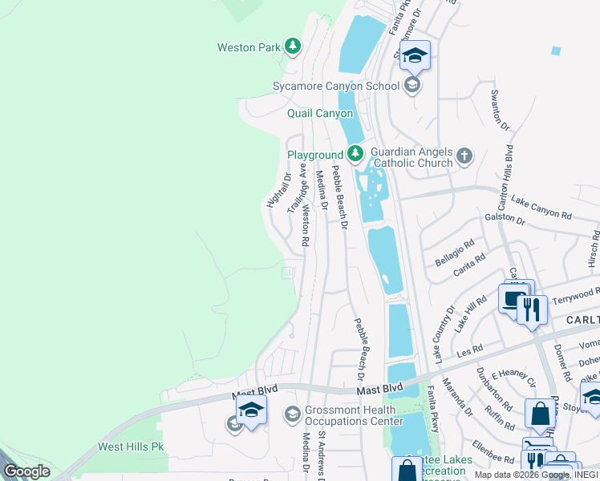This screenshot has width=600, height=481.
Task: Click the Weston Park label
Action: click(249, 47)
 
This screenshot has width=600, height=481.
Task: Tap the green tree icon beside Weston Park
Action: click(293, 46)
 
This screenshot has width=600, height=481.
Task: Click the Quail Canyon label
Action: click(320, 114)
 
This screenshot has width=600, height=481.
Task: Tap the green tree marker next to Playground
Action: click(355, 153)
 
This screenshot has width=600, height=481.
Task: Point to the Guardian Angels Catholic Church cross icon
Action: click(465, 155)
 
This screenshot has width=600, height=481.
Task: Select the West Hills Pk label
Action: click(130, 447)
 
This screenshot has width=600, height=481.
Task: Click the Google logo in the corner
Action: click(26, 471)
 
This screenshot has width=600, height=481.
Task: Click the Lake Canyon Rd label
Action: click(541, 208)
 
